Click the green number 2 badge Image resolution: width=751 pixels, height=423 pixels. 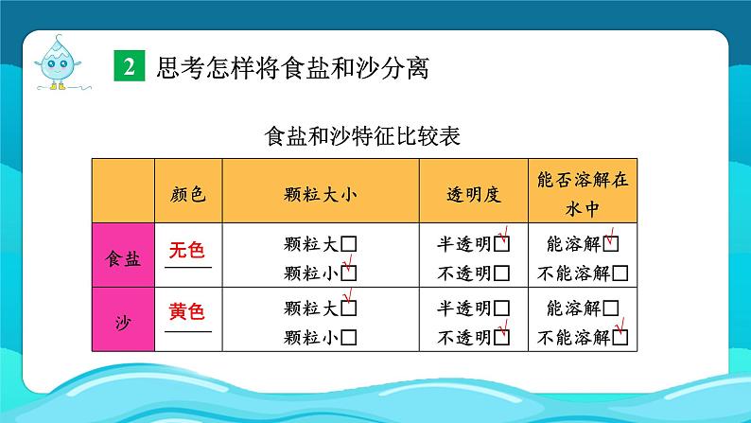coord(129,67)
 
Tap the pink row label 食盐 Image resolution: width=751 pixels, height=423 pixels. coord(124,257)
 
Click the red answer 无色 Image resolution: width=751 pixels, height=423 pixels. coord(186,251)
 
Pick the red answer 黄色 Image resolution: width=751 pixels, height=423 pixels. coord(186,311)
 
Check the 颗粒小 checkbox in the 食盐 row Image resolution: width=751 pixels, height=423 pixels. coord(349,273)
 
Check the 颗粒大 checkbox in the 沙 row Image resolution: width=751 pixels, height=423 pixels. coord(349,308)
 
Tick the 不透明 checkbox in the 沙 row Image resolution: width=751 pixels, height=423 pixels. coord(501,336)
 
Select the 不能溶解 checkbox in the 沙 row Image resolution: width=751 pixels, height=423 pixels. coord(621,336)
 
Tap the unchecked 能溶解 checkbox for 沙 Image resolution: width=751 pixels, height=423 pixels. coord(611,308)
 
